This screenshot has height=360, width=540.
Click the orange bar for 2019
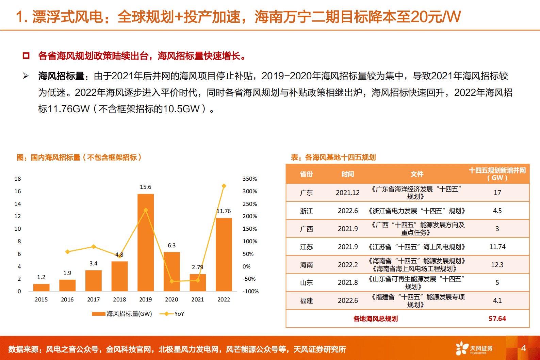pyautogui.click(x=145, y=242)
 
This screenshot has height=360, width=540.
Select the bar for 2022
pyautogui.click(x=224, y=255)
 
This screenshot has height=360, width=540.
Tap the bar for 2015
pyautogui.click(x=41, y=288)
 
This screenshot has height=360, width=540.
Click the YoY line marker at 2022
pyautogui.click(x=224, y=186)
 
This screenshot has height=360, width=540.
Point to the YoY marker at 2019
pyautogui.click(x=146, y=210)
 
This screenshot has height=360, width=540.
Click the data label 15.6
pyautogui.click(x=145, y=187)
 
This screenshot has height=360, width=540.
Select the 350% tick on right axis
pyautogui.click(x=249, y=179)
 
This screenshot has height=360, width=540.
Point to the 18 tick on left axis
pyautogui.click(x=18, y=179)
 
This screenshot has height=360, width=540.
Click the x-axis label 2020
pyautogui.click(x=171, y=299)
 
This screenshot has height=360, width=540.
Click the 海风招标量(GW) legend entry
pyautogui.click(x=122, y=314)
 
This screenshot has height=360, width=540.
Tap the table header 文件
pyautogui.click(x=416, y=174)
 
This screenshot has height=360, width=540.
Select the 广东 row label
pyautogui.click(x=306, y=193)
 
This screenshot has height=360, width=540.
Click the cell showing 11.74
pyautogui.click(x=497, y=247)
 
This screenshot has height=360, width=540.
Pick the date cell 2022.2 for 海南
pyautogui.click(x=347, y=265)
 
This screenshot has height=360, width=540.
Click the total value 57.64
pyautogui.click(x=497, y=318)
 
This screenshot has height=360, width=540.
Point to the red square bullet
pyautogui.click(x=26, y=55)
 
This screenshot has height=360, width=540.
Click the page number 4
pyautogui.click(x=523, y=348)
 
